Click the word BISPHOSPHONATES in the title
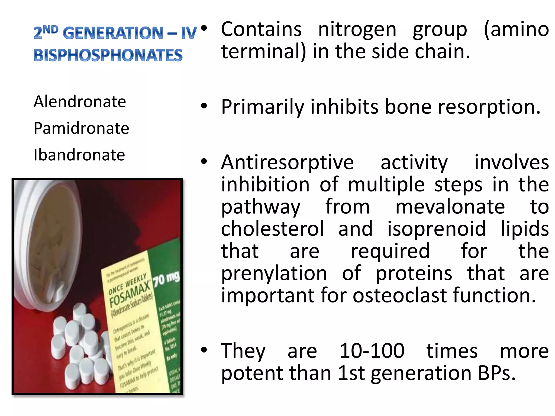pyautogui.click(x=108, y=55)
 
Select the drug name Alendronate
pyautogui.click(x=80, y=102)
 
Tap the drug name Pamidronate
pyautogui.click(x=81, y=128)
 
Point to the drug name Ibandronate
pyautogui.click(x=79, y=155)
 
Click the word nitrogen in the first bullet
pyautogui.click(x=357, y=30)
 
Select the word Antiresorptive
pyautogui.click(x=287, y=162)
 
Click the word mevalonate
pyautogui.click(x=450, y=207)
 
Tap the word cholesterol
pyautogui.click(x=272, y=229)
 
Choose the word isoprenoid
pyautogui.click(x=437, y=229)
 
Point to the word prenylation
pyautogui.click(x=274, y=274)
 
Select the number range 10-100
pyautogui.click(x=372, y=351)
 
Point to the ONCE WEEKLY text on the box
pyautogui.click(x=127, y=283)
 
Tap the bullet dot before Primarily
pyautogui.click(x=204, y=106)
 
